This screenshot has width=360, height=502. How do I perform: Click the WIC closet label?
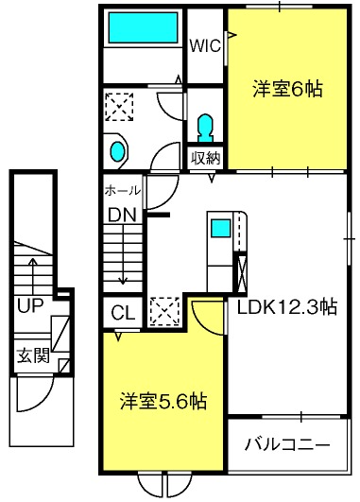click(204, 45)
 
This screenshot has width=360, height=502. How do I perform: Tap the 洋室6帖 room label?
click(287, 90)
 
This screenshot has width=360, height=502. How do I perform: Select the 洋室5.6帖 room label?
click(163, 400)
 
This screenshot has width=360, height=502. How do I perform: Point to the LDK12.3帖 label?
click(286, 306)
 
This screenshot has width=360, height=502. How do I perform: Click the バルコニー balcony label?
click(287, 443)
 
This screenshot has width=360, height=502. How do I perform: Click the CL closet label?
click(122, 312)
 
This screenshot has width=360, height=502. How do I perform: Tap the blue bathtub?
click(142, 28)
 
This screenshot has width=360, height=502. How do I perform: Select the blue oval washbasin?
click(117, 151)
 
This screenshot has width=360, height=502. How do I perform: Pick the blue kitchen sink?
click(220, 228)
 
